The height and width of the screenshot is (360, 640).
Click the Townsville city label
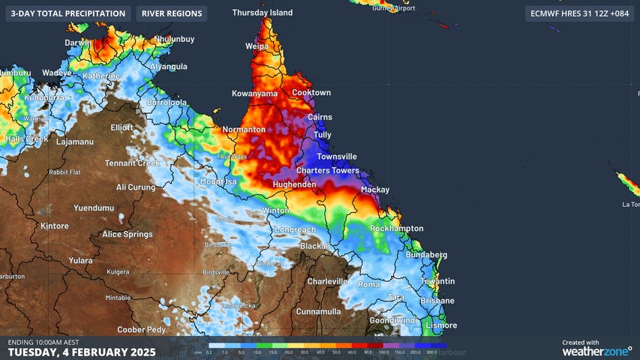tap(336, 157)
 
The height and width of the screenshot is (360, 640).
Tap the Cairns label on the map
tap(320, 117)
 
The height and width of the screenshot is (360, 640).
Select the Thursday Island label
tap(260, 13)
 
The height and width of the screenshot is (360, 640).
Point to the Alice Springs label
tap(128, 235)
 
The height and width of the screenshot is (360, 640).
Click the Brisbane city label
tap(437, 300)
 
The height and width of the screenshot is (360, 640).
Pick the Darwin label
tap(77, 43)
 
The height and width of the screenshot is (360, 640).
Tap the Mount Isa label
tap(218, 182)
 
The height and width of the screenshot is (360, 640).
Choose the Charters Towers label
tap(327, 171)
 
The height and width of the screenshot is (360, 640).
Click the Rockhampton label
tap(397, 229)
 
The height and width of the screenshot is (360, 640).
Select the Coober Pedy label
tap(141, 330)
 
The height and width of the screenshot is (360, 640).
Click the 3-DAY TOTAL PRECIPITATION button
tap(68, 13)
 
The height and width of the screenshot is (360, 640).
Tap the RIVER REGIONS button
tap(172, 13)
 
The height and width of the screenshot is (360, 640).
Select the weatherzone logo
tap(597, 349)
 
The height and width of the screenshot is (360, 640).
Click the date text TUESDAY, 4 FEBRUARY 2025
tap(82, 352)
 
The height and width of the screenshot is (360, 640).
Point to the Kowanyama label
tap(254, 94)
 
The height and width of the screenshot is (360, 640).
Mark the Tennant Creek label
tap(133, 163)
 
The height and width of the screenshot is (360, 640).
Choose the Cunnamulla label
tap(319, 311)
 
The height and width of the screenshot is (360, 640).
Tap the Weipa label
tap(257, 46)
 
